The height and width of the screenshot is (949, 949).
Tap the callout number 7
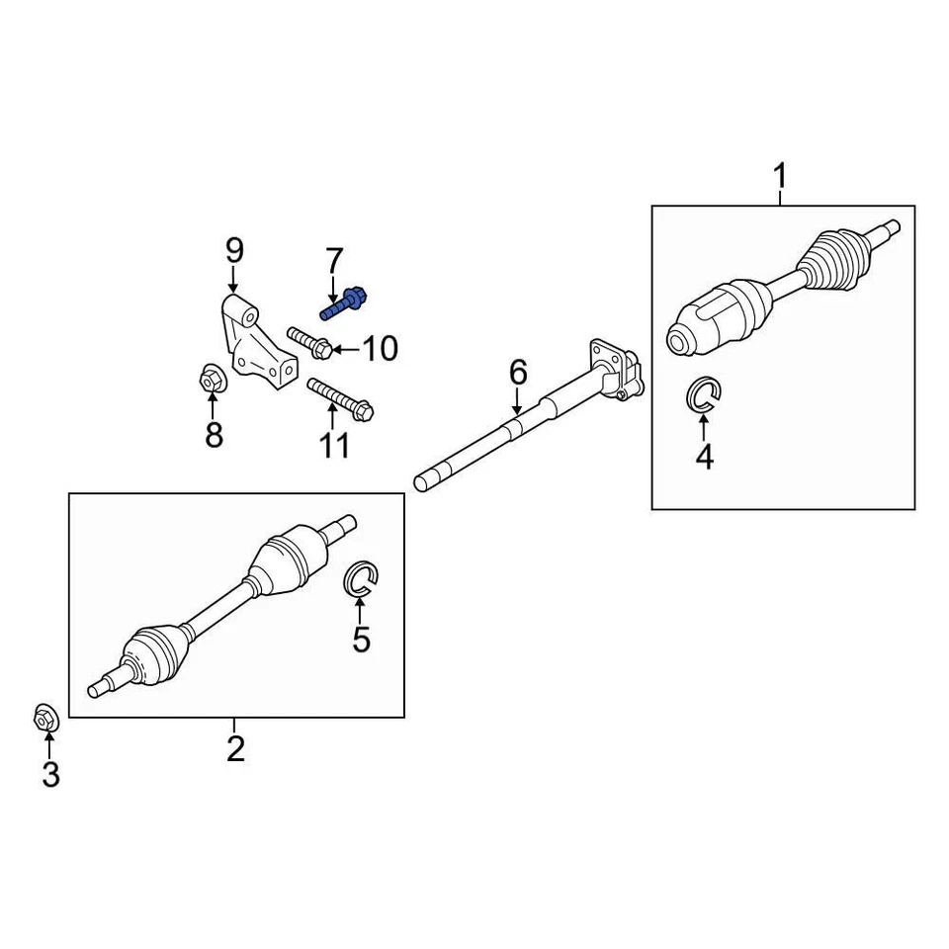pyautogui.click(x=334, y=261)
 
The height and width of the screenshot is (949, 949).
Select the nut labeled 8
pyautogui.click(x=212, y=378)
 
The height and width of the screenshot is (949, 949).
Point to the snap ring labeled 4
pyautogui.click(x=704, y=395)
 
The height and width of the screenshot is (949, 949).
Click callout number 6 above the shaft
pyautogui.click(x=518, y=373)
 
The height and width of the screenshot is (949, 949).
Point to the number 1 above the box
pyautogui.click(x=780, y=178)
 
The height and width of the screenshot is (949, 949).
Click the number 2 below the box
pyautogui.click(x=235, y=748)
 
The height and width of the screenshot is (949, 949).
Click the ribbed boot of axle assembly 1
pyautogui.click(x=832, y=257)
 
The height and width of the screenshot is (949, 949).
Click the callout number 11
pyautogui.click(x=335, y=446)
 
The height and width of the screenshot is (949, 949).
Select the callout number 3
pyautogui.click(x=50, y=774)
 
